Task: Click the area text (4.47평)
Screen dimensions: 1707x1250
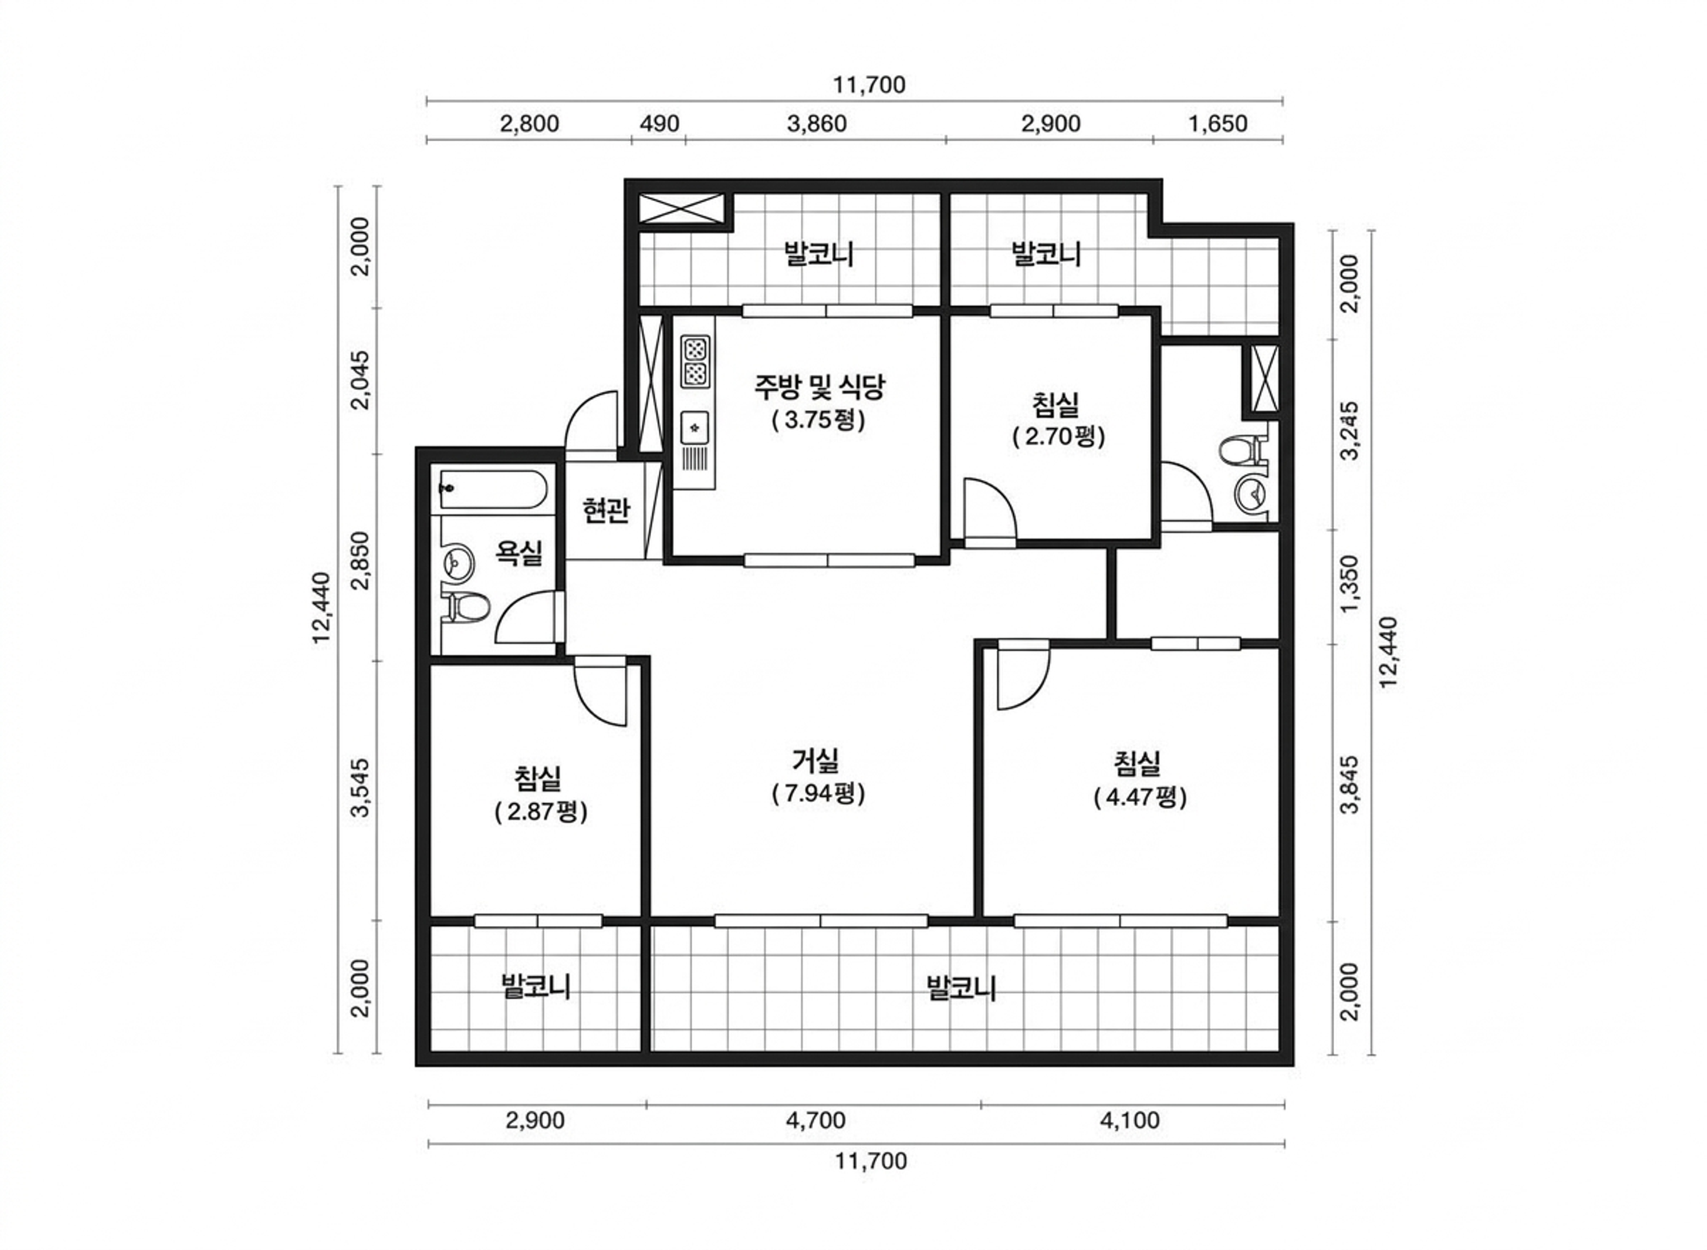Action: click(1140, 797)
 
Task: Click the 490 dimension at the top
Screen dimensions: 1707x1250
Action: click(660, 123)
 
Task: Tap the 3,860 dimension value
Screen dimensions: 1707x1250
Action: click(817, 123)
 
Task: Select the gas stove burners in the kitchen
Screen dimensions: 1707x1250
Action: click(695, 361)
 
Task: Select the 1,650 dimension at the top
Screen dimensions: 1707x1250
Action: click(1217, 123)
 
